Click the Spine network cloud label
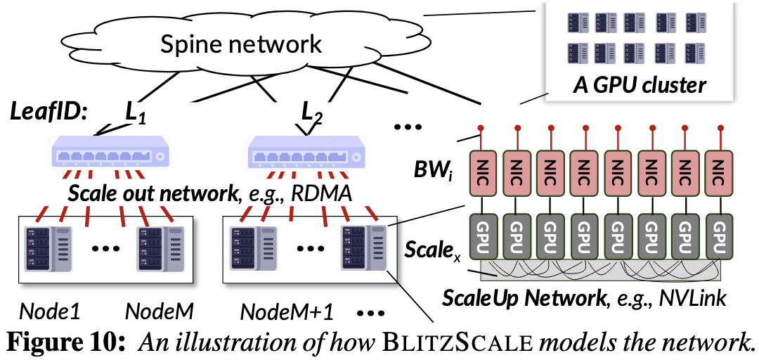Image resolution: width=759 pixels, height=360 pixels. tap(241, 44)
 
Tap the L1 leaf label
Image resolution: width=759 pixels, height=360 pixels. tap(134, 112)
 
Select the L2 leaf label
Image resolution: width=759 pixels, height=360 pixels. tap(312, 112)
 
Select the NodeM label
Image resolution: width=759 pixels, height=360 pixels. tap(160, 310)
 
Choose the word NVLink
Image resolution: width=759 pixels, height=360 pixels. tap(692, 299)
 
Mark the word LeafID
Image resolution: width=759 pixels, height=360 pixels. tap(42, 112)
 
